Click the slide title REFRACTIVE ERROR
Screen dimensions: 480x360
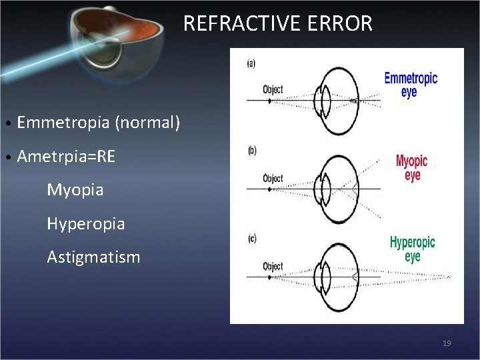277,24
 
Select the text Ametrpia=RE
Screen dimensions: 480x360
66,157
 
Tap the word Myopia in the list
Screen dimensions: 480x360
75,190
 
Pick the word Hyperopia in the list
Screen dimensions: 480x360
85,223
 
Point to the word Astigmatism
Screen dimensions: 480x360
93,257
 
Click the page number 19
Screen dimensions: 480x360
447,343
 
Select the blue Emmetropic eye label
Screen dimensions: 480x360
411,85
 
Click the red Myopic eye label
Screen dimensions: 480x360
411,168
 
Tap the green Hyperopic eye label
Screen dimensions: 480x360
412,249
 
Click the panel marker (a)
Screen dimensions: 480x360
251,64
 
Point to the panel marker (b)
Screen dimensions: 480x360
251,151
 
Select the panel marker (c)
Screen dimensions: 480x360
251,238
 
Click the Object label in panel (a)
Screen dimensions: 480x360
273,89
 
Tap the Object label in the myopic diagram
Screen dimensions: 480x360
273,178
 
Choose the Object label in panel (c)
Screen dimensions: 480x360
273,266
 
